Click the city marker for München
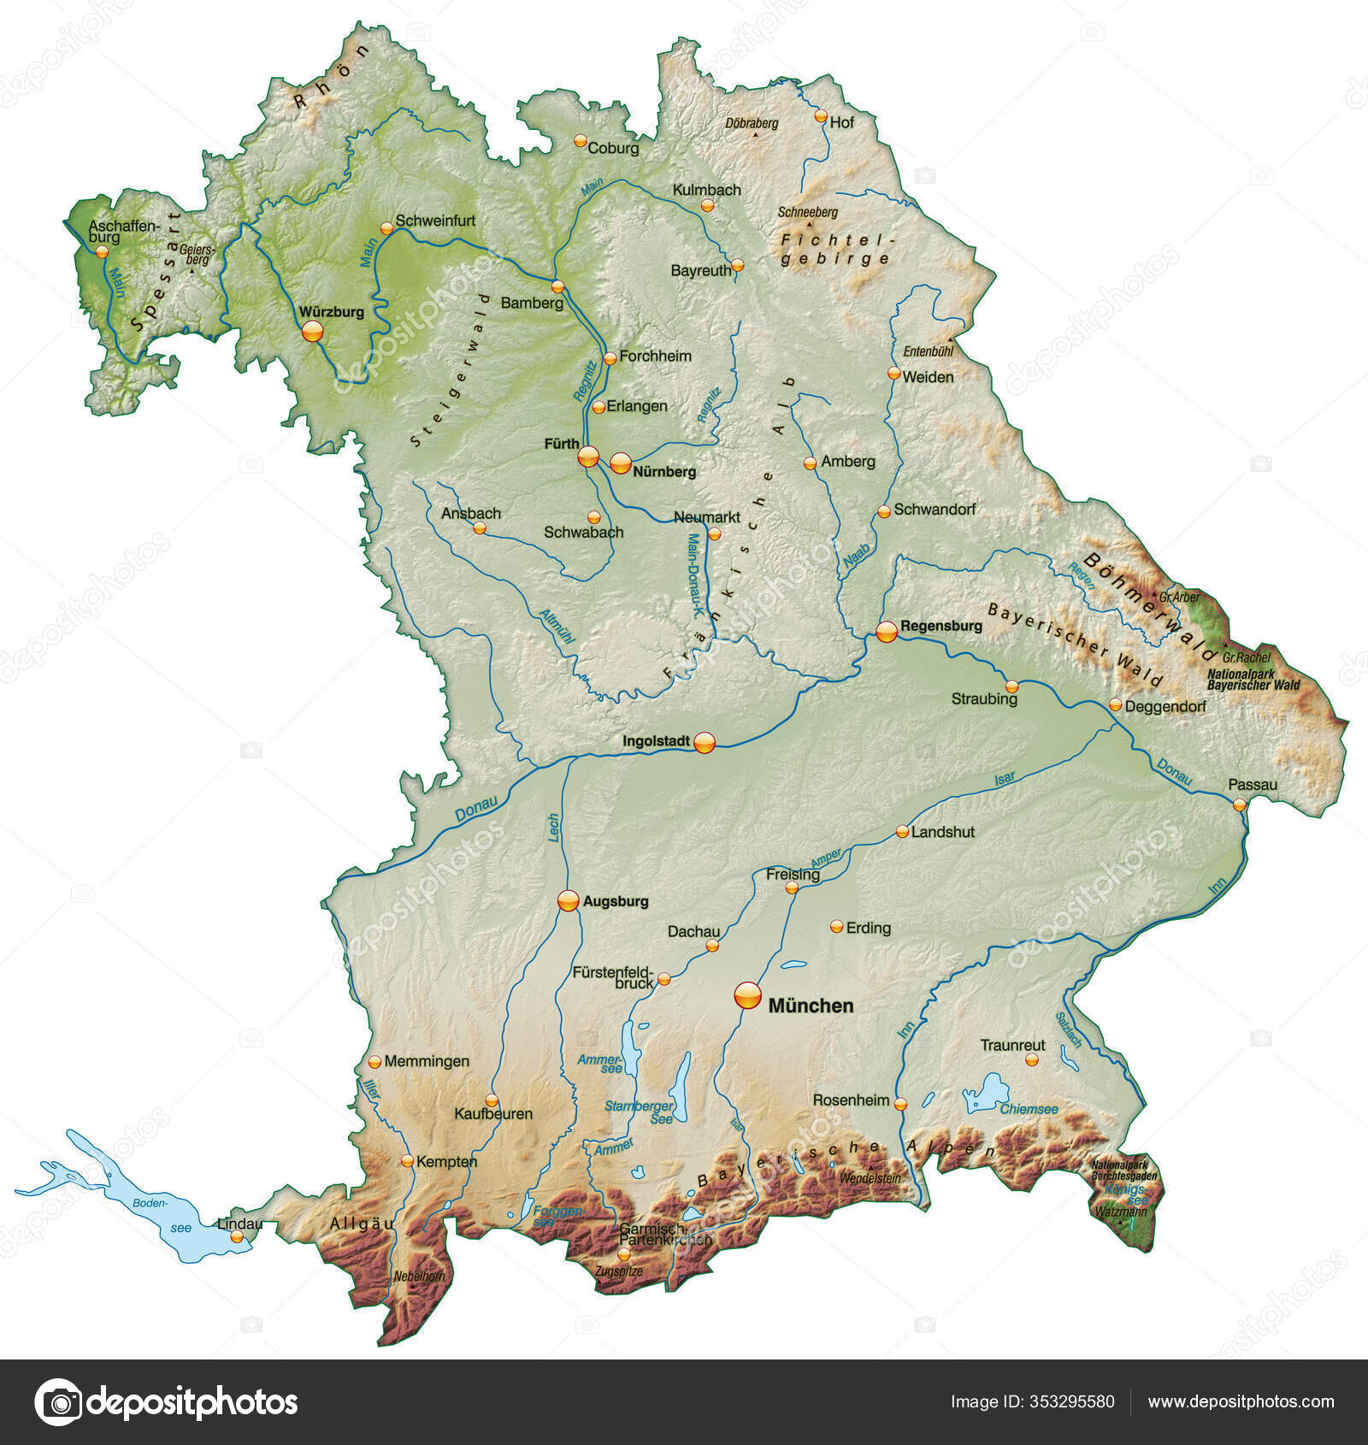747,995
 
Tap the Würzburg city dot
313,331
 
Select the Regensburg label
941,626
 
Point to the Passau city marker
1240,804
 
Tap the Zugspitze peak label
619,1271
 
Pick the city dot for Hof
821,115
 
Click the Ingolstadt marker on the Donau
704,742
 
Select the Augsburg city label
616,901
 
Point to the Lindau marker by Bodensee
237,1236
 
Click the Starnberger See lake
681,1081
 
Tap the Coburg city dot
581,140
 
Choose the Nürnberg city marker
621,463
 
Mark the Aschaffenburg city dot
103,251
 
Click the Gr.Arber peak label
1179,597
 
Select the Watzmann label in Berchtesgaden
1122,1212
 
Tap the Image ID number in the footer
1033,1401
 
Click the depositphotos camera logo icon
58,1402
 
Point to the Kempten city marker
408,1161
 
